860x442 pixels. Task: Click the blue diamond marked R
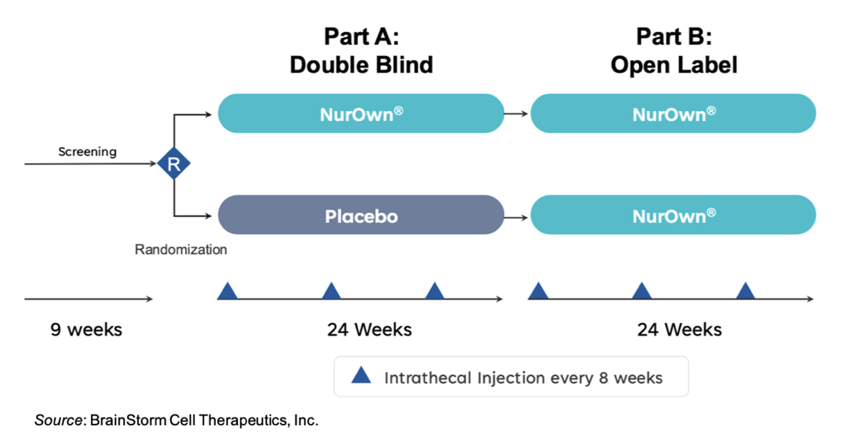coord(174,164)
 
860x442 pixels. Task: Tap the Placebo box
coord(361,215)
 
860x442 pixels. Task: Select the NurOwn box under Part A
coord(361,113)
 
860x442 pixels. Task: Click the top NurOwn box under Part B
coord(673,113)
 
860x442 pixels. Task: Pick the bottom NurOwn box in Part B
coord(673,215)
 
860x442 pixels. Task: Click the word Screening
coord(87,152)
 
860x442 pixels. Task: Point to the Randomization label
coord(181,250)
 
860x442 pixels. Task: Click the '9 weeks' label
coord(86,330)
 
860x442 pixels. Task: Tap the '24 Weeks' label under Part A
coord(369,330)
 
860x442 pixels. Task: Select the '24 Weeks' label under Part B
coord(679,330)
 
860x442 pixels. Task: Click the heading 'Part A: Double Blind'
coord(361,51)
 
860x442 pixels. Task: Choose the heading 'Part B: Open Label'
coord(673,51)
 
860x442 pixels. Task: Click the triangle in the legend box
coord(361,376)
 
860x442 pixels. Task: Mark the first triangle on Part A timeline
coord(227,292)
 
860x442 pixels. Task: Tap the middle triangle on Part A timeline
coord(331,292)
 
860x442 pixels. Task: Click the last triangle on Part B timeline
coord(745,292)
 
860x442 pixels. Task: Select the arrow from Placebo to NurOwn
coord(516,217)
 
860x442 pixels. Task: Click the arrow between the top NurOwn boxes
coord(516,113)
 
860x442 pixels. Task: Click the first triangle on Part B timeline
coord(538,292)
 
